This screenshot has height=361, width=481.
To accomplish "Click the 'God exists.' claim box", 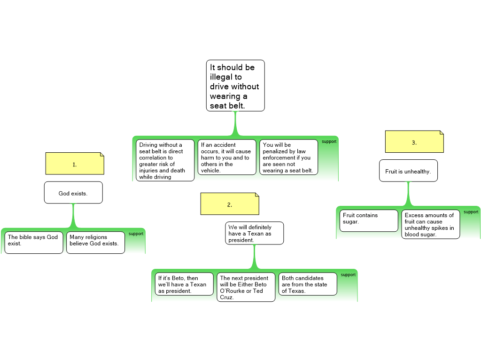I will tap(73, 193).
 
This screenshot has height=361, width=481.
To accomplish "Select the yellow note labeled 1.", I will tap(75, 164).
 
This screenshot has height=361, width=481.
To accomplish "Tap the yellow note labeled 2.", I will tap(230, 204).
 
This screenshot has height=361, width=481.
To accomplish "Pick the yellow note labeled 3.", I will tap(414, 142).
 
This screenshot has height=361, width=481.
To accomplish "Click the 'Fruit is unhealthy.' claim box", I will tap(408, 171).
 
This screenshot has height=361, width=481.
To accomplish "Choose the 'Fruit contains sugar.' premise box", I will tap(369, 220).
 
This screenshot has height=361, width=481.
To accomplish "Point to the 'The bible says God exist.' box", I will tap(34, 242).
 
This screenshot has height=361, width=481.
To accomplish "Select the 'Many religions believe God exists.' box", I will tap(95, 242).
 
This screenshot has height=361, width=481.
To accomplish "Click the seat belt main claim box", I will tap(235, 86).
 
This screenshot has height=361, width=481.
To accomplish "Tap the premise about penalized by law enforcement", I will tap(288, 157).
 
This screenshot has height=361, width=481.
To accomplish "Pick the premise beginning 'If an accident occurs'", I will tap(227, 157).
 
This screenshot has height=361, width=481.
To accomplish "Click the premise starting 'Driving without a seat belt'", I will tap(165, 160).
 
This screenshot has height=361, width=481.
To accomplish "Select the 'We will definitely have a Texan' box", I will tap(254, 233).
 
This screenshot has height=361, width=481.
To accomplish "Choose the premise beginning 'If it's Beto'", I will tap(184, 284).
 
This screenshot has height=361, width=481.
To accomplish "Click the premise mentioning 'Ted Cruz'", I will tap(246, 287).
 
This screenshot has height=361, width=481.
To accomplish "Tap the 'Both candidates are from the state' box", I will tap(308, 284).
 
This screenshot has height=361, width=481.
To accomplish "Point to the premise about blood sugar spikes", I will tap(430, 224).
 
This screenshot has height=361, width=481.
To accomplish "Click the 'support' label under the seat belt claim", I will tap(329, 141).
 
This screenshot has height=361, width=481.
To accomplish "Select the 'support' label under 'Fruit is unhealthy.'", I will tap(471, 212).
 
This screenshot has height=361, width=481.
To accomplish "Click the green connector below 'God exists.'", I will tap(73, 215).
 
